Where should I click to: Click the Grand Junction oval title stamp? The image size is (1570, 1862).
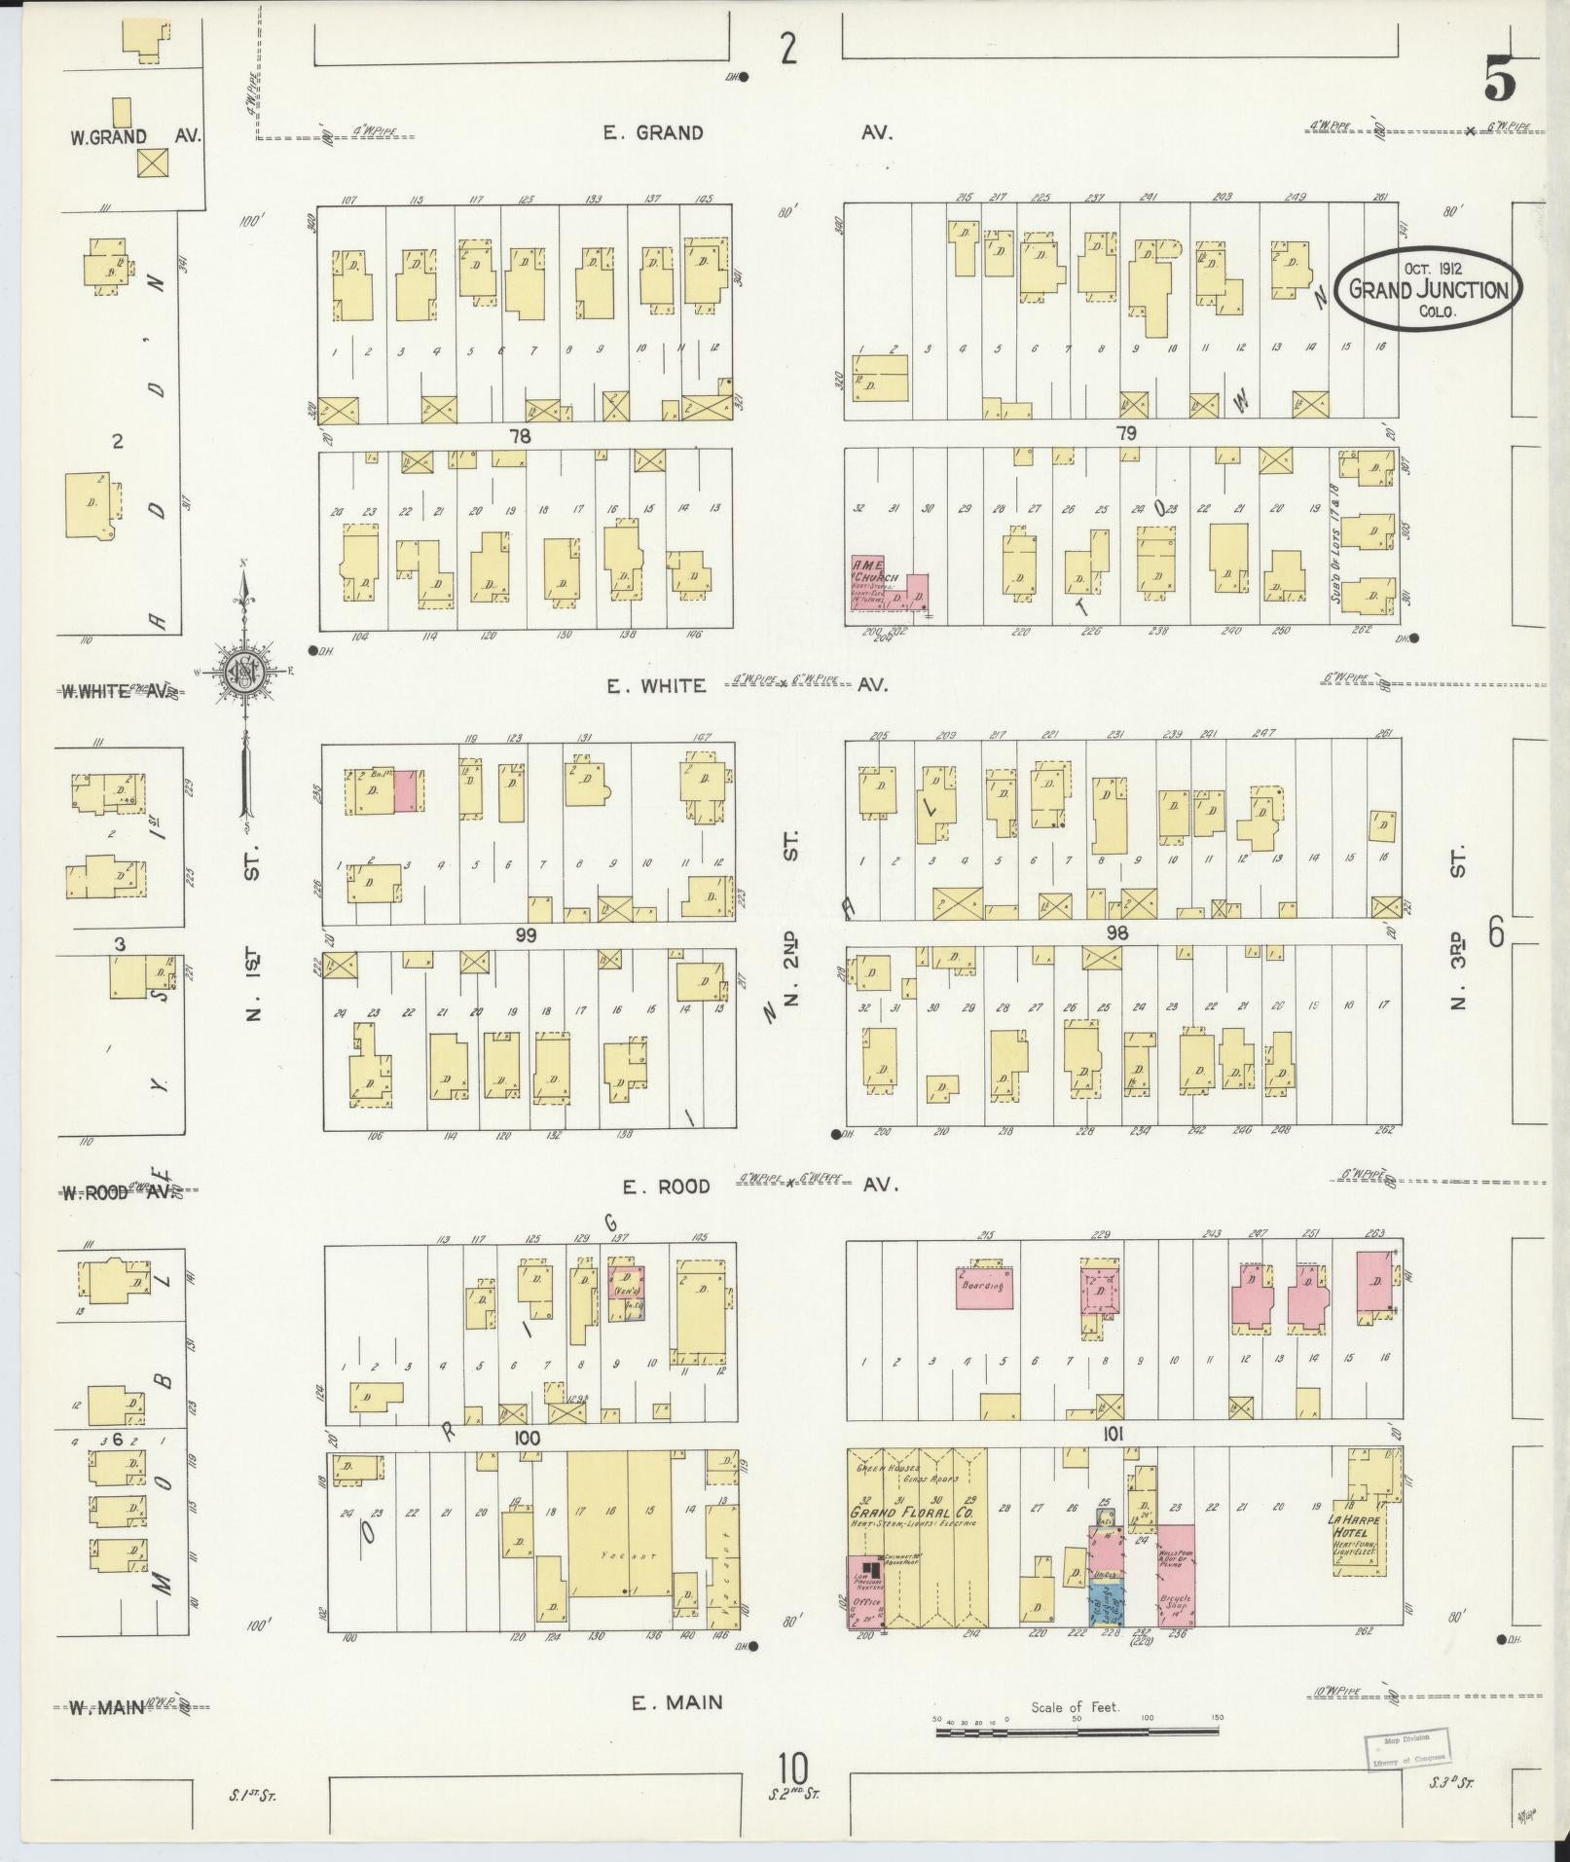click(1428, 288)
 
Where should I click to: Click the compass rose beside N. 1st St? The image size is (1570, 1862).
click(242, 672)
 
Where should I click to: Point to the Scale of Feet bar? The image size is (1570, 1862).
click(1078, 1733)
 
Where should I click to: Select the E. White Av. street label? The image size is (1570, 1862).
click(656, 686)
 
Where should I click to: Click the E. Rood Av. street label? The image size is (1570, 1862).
click(668, 1187)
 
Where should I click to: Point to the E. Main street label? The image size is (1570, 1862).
click(676, 1702)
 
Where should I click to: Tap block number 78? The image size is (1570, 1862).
click(520, 436)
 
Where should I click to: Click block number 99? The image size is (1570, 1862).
click(527, 935)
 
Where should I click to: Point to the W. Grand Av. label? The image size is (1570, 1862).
click(134, 136)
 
